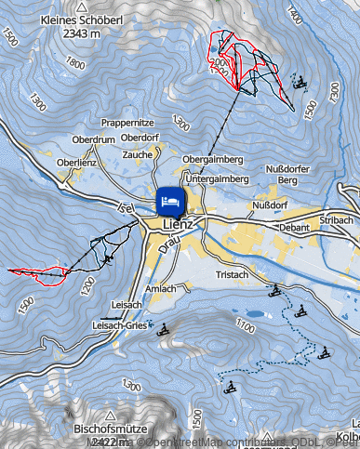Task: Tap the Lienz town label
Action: click(177, 225)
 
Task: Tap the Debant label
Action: click(294, 226)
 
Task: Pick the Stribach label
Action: click(335, 220)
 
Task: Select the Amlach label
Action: click(160, 289)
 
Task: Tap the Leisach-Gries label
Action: click(120, 326)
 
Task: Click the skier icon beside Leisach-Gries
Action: click(165, 329)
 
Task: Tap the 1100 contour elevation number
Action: click(246, 325)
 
